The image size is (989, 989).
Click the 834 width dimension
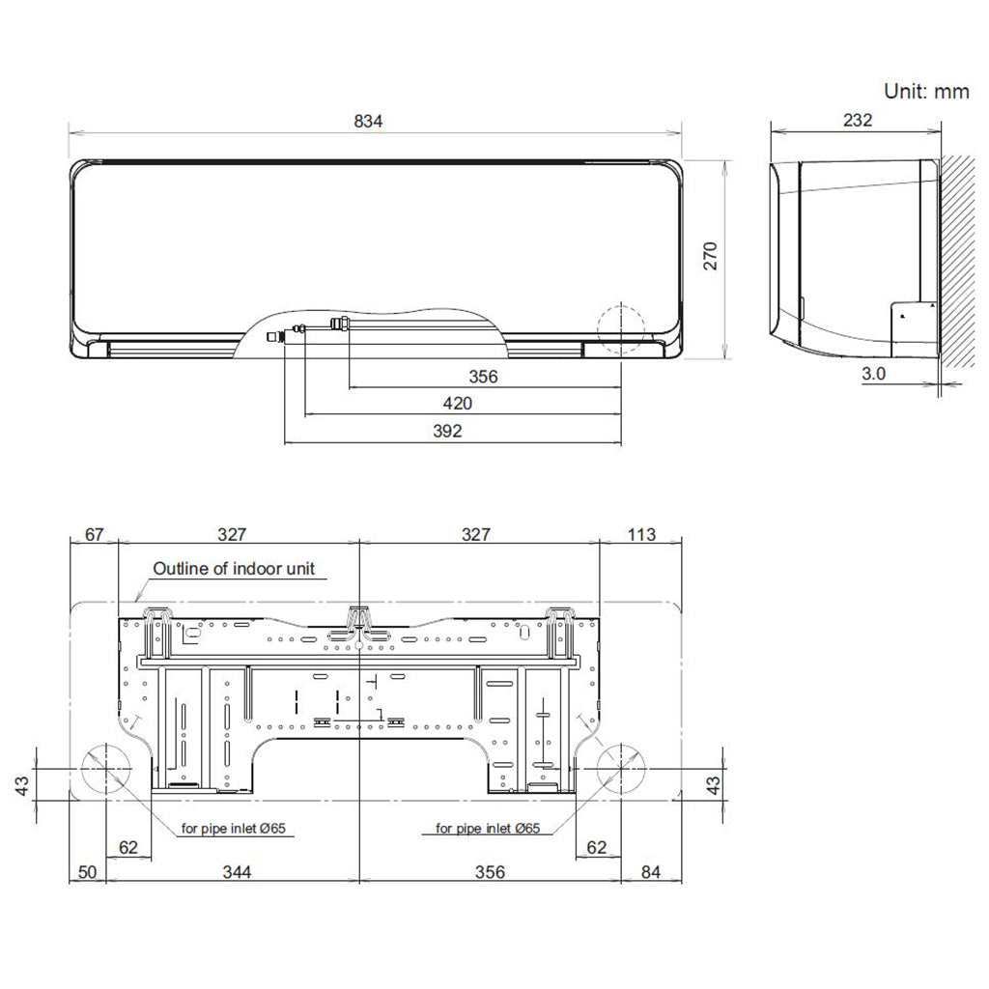(369, 121)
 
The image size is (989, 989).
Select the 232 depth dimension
(857, 121)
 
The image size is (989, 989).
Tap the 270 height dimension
(711, 256)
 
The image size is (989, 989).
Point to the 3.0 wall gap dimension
(873, 373)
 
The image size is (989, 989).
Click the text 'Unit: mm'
(925, 91)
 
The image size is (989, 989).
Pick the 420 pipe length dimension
(458, 404)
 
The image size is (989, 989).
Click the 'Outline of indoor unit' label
(234, 569)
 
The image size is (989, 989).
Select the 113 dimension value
(641, 534)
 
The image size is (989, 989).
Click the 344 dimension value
(236, 872)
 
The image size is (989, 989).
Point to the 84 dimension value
(650, 872)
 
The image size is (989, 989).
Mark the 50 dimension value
(87, 872)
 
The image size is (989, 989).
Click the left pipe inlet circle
(105, 769)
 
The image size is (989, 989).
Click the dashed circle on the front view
(624, 328)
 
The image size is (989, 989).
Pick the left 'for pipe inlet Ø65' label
(238, 828)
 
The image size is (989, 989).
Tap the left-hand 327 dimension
(232, 534)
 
